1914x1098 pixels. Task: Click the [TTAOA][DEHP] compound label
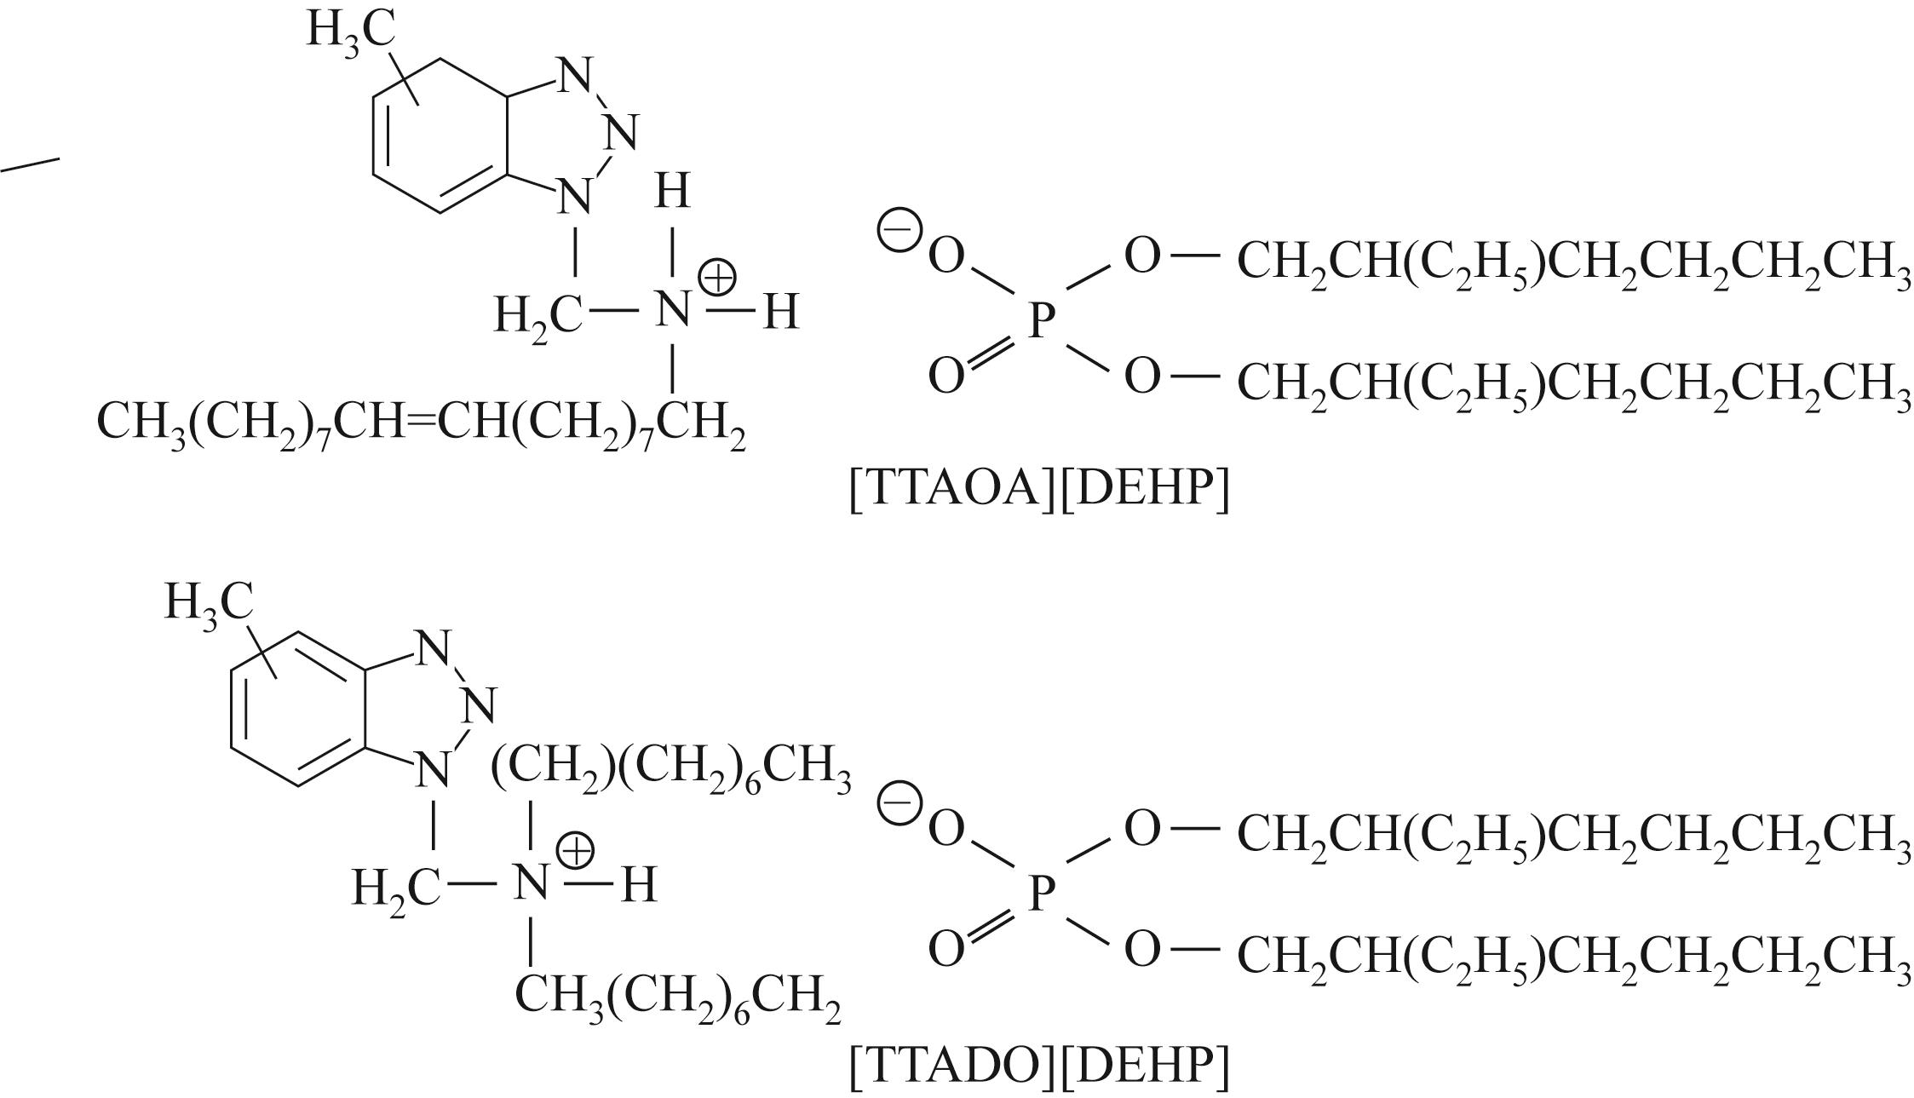point(1039,489)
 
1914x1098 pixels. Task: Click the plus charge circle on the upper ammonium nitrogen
point(716,279)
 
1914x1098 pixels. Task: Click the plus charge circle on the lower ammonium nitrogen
point(575,852)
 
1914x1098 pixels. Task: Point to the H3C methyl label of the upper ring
point(350,32)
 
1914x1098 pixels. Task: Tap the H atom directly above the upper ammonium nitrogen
point(672,191)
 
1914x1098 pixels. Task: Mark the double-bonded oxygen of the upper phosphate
point(946,376)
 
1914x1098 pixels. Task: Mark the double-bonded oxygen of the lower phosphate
point(946,949)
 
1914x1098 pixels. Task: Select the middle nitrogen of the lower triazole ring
point(480,705)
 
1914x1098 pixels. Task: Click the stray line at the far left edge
point(31,164)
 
